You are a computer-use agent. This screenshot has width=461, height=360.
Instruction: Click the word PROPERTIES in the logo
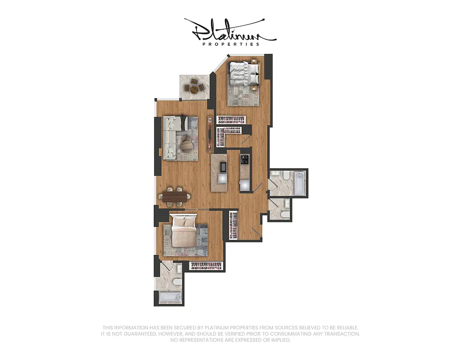(231, 44)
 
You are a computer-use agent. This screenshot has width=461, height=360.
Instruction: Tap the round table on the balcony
(194, 89)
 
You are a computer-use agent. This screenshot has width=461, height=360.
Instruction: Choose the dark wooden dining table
(175, 196)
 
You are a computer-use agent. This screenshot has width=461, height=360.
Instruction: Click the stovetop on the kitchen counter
(245, 159)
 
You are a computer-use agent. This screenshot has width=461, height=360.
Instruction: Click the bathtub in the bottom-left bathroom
(170, 297)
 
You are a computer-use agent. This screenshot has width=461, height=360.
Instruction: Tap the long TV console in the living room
(210, 134)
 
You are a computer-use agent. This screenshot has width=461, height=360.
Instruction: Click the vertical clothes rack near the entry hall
(233, 225)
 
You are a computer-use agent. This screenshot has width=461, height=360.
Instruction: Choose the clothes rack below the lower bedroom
(207, 266)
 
